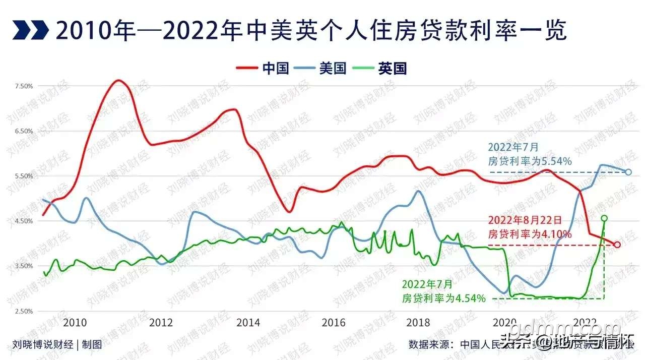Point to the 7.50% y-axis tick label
click(24, 86)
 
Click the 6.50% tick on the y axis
click(24, 131)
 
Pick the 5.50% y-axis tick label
click(24, 176)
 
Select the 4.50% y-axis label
click(24, 221)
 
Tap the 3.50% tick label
click(24, 266)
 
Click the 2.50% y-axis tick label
click(24, 311)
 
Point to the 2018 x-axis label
click(418, 322)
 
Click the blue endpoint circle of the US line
click(628, 172)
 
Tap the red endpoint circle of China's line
click(617, 245)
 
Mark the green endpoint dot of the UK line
click(604, 218)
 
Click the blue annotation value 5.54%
click(553, 161)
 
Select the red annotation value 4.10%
click(555, 234)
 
